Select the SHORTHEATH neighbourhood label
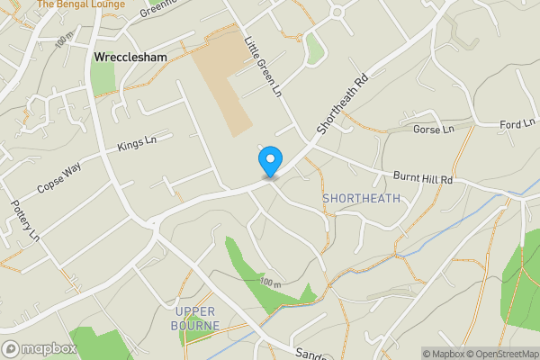[361, 198]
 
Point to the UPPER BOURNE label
[193, 319]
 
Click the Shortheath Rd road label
[343, 105]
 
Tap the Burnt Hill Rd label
[421, 179]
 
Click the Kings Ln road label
[137, 145]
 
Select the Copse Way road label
[59, 178]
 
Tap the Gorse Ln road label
[433, 130]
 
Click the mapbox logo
[39, 348]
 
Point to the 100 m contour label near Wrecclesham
[64, 42]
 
